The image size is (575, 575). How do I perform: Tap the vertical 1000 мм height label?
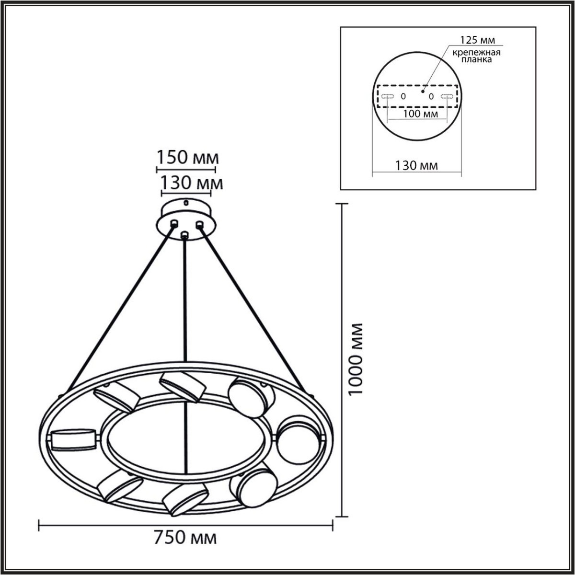356,359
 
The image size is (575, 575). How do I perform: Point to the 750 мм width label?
185,538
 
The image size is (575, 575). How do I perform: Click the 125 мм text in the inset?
477,40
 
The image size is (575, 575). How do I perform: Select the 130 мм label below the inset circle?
416,166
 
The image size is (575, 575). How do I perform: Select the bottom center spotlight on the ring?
185,499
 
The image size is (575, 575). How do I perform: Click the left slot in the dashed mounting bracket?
388,96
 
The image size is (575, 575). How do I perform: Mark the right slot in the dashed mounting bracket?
447,96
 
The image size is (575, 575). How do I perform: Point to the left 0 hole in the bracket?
403,96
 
